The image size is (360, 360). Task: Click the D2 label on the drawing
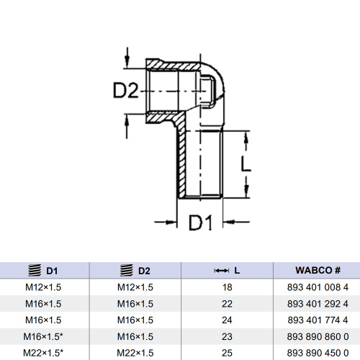(126, 90)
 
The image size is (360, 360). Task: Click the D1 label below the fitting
(201, 222)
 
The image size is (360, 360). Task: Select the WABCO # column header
(318, 271)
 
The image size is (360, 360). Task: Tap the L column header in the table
(237, 271)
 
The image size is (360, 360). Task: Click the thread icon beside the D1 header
(35, 271)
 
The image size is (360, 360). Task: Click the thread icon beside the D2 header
(127, 271)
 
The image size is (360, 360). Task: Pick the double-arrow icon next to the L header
(221, 271)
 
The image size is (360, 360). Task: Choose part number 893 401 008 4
(318, 287)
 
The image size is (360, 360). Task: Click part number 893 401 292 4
(318, 304)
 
